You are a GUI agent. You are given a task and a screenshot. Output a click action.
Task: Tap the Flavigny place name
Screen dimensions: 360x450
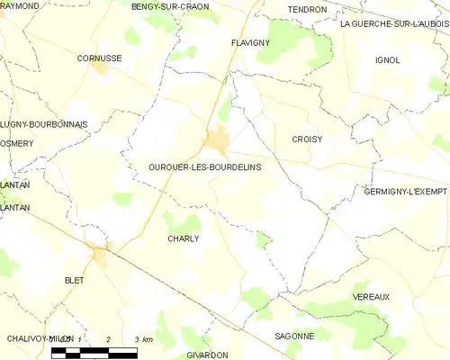click(250, 42)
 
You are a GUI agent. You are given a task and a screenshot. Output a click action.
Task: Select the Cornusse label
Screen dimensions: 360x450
click(99, 58)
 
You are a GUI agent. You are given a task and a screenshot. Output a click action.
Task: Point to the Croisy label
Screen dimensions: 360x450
click(307, 139)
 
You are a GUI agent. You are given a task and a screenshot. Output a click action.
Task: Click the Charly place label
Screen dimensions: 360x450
click(183, 238)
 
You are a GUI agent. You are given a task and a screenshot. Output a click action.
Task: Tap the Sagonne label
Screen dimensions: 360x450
click(294, 336)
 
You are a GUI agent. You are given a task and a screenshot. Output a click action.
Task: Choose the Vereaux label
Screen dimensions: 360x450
click(372, 296)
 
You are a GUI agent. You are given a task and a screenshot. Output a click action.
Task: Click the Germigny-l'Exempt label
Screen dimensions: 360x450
click(406, 192)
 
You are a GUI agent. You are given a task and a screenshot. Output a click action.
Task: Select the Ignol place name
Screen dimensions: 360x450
click(387, 60)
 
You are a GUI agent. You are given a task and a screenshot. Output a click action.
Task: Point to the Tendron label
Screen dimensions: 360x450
click(307, 9)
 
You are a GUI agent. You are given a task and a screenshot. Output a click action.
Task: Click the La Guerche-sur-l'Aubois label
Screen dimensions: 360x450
click(394, 24)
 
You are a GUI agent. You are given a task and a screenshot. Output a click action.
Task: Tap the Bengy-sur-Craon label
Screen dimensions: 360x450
click(170, 6)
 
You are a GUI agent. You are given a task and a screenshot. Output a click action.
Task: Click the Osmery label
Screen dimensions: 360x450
click(17, 144)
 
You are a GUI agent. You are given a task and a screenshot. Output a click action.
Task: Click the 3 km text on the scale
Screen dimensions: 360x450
click(142, 338)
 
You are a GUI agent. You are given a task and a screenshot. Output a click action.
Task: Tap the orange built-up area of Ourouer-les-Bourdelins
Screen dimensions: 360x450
click(218, 139)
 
